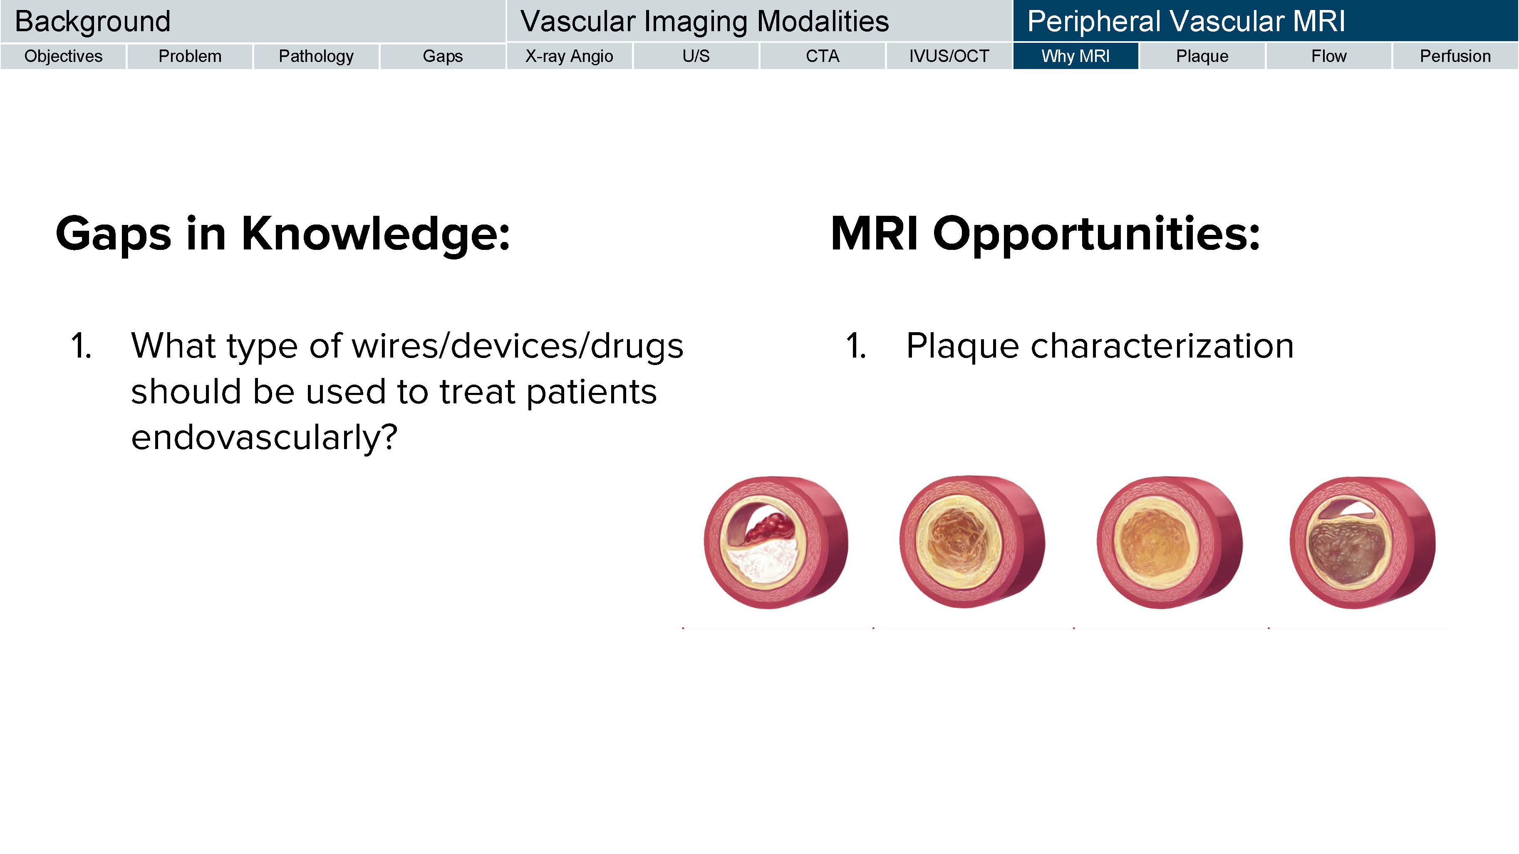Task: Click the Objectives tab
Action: (63, 56)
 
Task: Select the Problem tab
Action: (190, 56)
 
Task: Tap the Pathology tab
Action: (316, 56)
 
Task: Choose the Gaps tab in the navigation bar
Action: (443, 56)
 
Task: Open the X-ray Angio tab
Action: (569, 56)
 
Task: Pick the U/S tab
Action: (696, 56)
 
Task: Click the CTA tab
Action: (823, 56)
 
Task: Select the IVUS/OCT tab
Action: (949, 56)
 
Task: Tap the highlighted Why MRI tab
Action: (1075, 56)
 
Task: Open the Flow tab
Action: (1328, 56)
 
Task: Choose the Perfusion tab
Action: (1455, 56)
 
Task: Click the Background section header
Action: (253, 21)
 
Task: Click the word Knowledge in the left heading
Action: (376, 234)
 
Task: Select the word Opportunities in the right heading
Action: (1096, 234)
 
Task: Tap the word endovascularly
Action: (264, 438)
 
